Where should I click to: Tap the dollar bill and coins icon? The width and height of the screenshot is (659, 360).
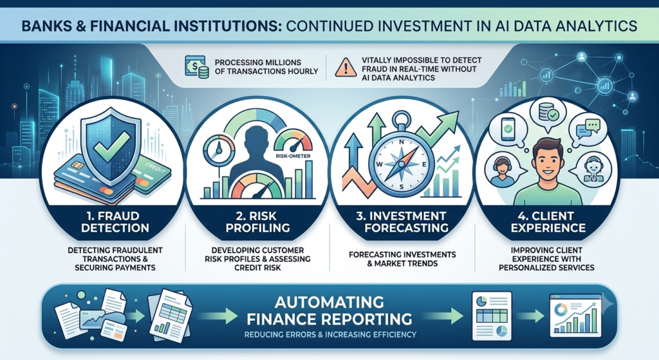pyautogui.click(x=196, y=67)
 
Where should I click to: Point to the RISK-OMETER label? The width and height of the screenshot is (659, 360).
pyautogui.click(x=293, y=156)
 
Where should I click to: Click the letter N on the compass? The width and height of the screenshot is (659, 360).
pyautogui.click(x=402, y=142)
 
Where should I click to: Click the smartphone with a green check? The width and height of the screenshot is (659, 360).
pyautogui.click(x=508, y=129)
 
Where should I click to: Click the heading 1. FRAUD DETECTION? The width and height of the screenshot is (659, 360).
pyautogui.click(x=115, y=222)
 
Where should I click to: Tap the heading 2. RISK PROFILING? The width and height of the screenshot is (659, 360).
pyautogui.click(x=257, y=222)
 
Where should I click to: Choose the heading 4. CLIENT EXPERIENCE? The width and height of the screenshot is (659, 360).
pyautogui.click(x=548, y=222)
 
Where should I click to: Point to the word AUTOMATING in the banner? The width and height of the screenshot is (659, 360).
pyautogui.click(x=329, y=302)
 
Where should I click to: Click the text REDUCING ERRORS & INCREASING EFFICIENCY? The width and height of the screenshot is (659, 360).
pyautogui.click(x=330, y=335)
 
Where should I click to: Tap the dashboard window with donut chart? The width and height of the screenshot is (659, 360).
pyautogui.click(x=576, y=316)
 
